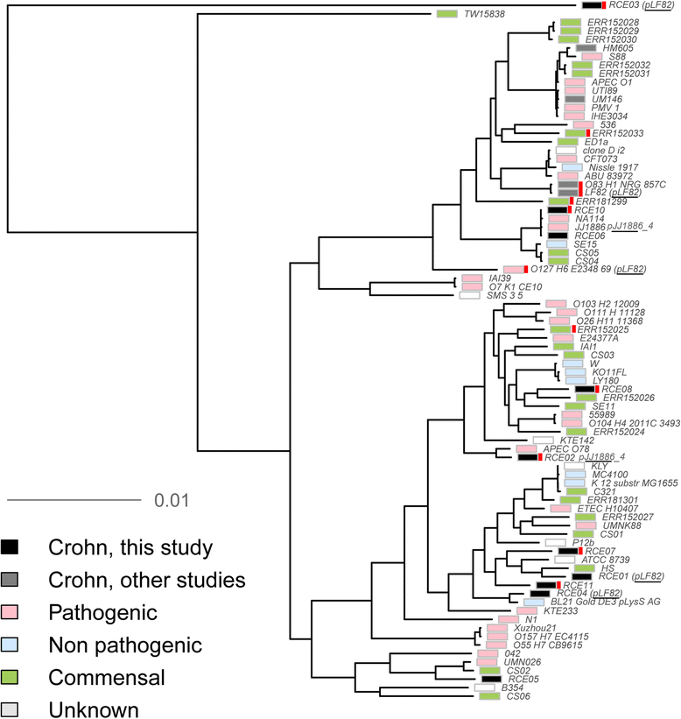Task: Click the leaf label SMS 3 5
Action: [509, 296]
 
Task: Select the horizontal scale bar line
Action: [74, 501]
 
